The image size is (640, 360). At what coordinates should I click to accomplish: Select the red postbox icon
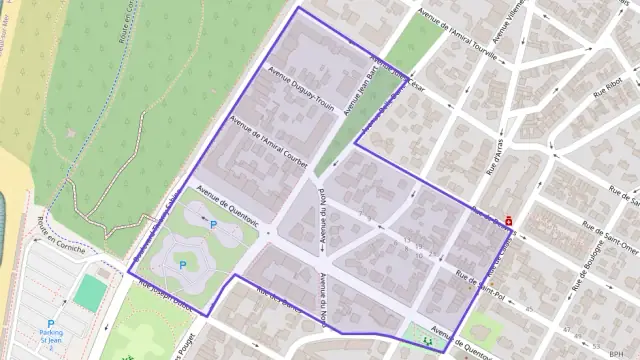509,220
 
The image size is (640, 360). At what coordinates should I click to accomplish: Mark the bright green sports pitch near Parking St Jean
91,291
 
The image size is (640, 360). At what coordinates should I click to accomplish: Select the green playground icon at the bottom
428,340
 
